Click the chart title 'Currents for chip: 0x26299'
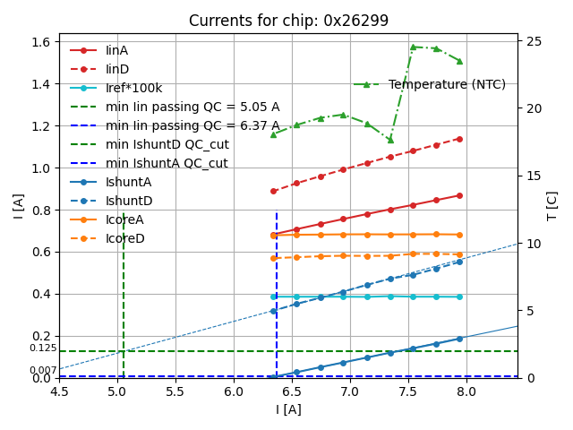click(287, 21)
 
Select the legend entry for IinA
click(116, 50)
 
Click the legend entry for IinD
click(116, 69)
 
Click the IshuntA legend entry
click(128, 182)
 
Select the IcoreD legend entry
click(124, 238)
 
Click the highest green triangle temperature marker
click(413, 47)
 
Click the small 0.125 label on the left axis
click(43, 348)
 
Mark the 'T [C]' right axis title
click(552, 206)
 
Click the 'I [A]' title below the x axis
click(287, 409)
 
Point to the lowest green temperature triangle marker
click(390, 140)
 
